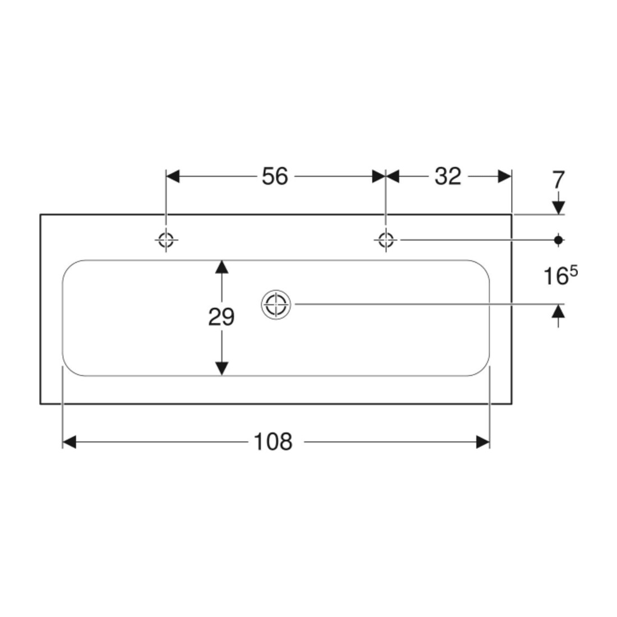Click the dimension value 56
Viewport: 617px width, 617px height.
275,176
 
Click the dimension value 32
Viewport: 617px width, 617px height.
448,176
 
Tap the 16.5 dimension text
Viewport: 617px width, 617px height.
561,275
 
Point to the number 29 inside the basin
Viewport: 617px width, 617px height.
222,317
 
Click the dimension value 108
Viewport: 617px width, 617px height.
273,442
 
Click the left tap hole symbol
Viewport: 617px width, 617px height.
165,240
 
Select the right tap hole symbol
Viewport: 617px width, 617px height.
386,240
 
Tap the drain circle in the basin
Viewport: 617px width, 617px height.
276,304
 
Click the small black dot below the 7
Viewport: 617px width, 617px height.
558,240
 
